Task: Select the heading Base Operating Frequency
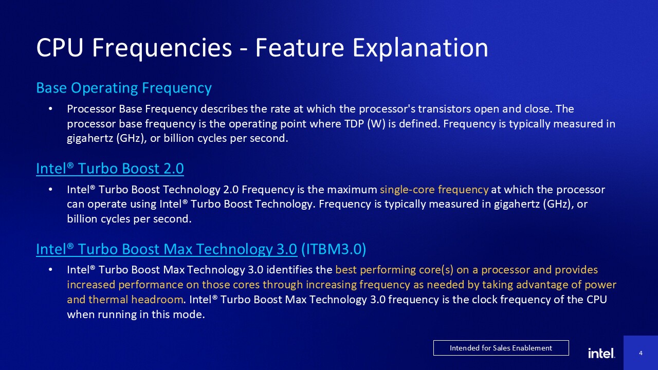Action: [123, 88]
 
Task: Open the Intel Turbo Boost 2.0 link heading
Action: [109, 168]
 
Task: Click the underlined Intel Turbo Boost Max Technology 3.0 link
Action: [166, 249]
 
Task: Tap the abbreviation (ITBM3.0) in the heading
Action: [333, 249]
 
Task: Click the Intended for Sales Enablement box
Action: [501, 348]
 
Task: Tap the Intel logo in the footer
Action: [601, 353]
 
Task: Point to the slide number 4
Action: [641, 353]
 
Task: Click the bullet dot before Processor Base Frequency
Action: [50, 109]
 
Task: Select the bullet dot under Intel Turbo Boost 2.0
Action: [50, 190]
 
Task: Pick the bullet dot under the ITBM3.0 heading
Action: [50, 270]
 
